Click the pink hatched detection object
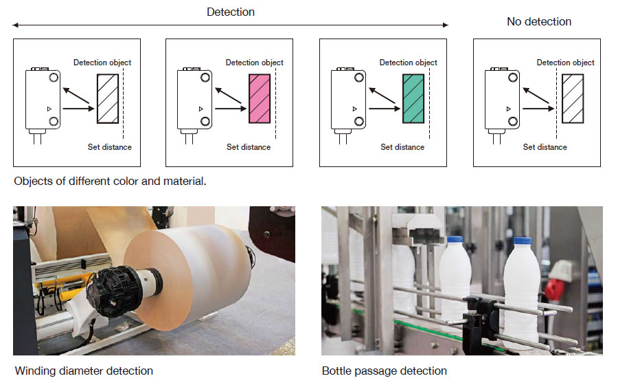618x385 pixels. point(260,98)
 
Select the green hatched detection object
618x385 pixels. point(413,98)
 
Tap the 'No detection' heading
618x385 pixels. point(539,21)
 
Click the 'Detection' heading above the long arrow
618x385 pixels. point(231,12)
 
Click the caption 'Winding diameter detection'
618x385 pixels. point(84,371)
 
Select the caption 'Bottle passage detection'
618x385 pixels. point(384,371)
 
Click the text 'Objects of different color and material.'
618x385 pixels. point(110,182)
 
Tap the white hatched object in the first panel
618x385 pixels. point(107,98)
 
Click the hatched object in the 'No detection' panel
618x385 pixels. point(572,98)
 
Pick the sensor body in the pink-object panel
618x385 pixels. point(194,99)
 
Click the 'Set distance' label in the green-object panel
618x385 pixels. point(402,147)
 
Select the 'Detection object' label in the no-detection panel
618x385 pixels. point(565,63)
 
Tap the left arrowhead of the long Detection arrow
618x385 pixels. point(15,25)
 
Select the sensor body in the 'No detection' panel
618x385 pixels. point(500,99)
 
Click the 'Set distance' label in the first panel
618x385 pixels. point(110,147)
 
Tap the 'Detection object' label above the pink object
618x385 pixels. point(254,63)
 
